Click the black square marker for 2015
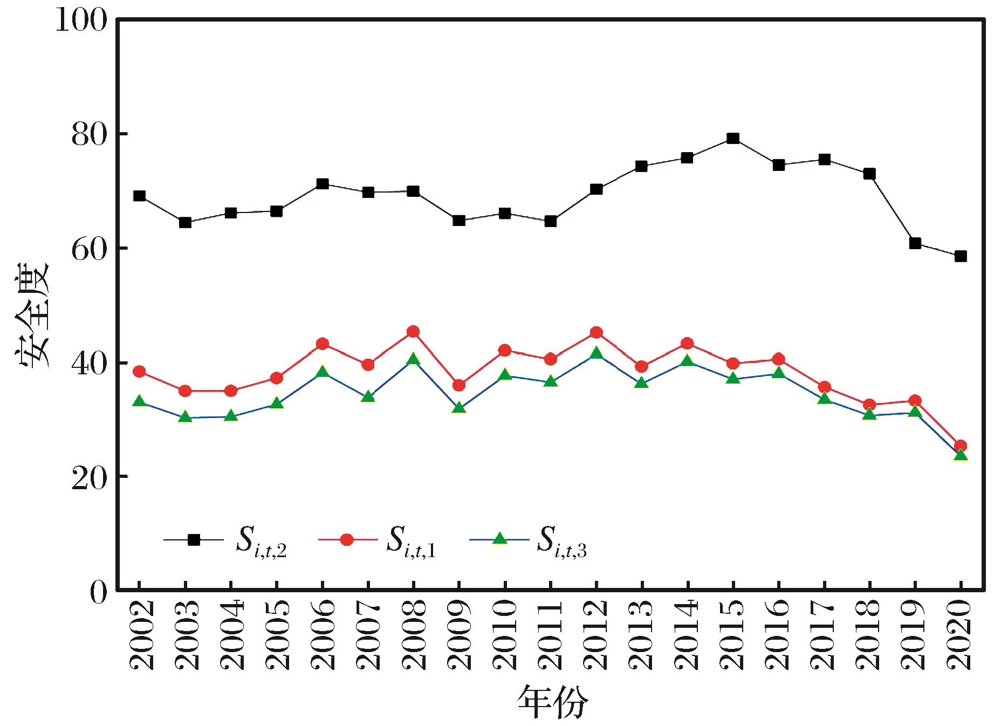(732, 139)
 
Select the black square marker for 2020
(961, 256)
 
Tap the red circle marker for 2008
(413, 332)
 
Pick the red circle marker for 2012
(596, 332)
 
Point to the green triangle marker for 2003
(185, 417)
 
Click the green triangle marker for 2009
(459, 408)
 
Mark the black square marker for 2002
(139, 196)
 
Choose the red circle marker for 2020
(961, 446)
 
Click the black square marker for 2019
(915, 243)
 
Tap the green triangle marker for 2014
(687, 361)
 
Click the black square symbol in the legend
(194, 539)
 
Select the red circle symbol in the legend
(347, 539)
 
